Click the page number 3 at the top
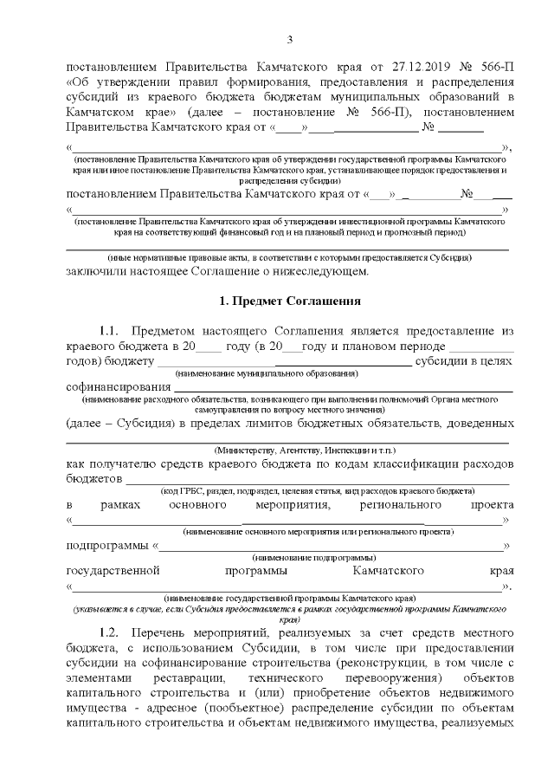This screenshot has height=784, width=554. pos(290,39)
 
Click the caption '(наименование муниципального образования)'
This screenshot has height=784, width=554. pos(266,373)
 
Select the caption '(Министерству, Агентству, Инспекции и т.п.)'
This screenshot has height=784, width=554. pos(305,451)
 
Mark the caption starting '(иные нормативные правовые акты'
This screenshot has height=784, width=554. pos(289,258)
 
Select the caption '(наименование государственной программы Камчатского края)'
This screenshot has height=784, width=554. pos(289,599)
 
